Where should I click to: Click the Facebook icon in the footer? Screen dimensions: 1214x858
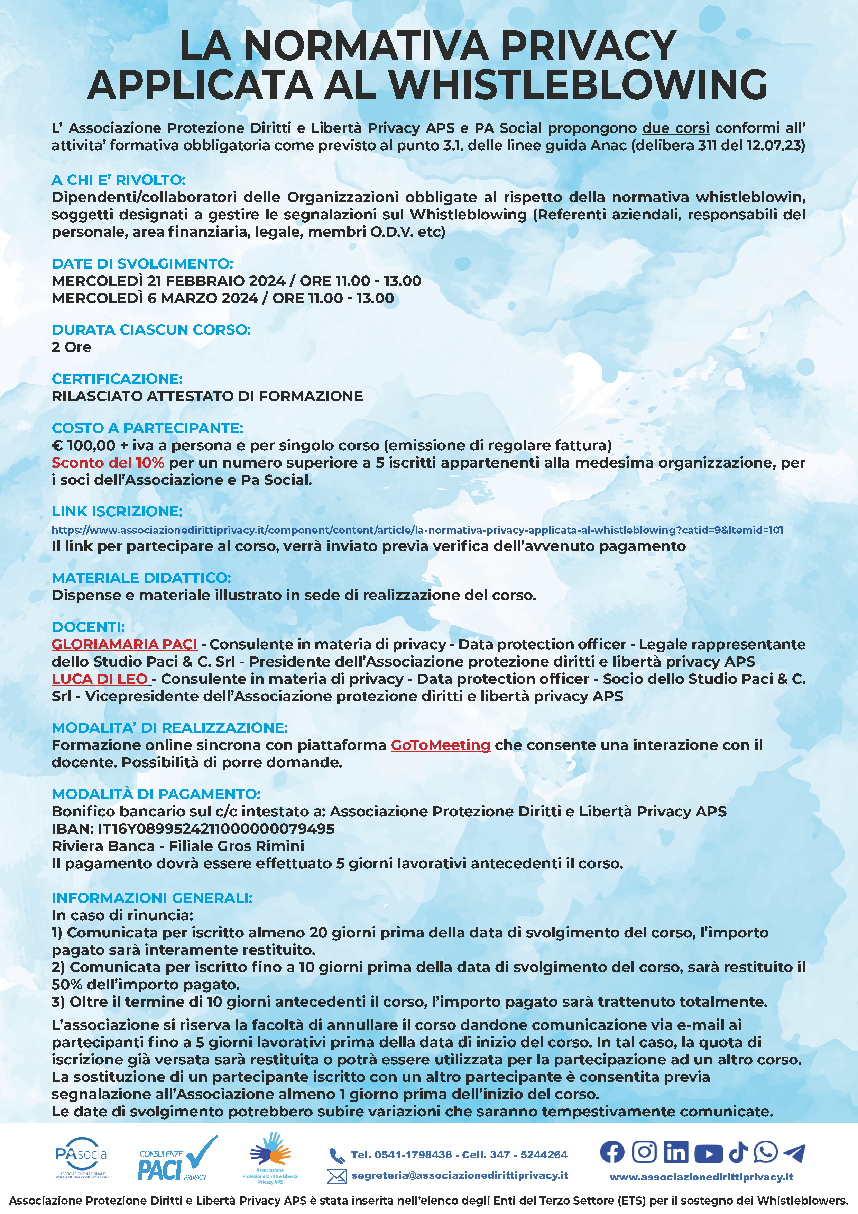coord(612,1152)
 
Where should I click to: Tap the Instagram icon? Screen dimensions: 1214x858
coord(644,1152)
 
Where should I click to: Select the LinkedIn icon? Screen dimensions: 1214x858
coord(676,1152)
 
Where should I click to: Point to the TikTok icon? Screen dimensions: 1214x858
coord(738,1152)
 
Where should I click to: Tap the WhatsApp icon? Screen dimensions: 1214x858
coord(766,1152)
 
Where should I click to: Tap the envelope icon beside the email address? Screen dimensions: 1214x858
coord(336,1176)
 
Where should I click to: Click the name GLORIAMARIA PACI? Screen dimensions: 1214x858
coord(124,644)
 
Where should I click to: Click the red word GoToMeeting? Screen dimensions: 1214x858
coord(440,745)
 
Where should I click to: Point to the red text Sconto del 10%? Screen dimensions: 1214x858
coord(108,463)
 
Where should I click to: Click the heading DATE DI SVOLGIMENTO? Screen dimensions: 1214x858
coord(142,263)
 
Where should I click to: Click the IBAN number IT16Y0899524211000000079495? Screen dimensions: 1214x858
coord(216,828)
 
